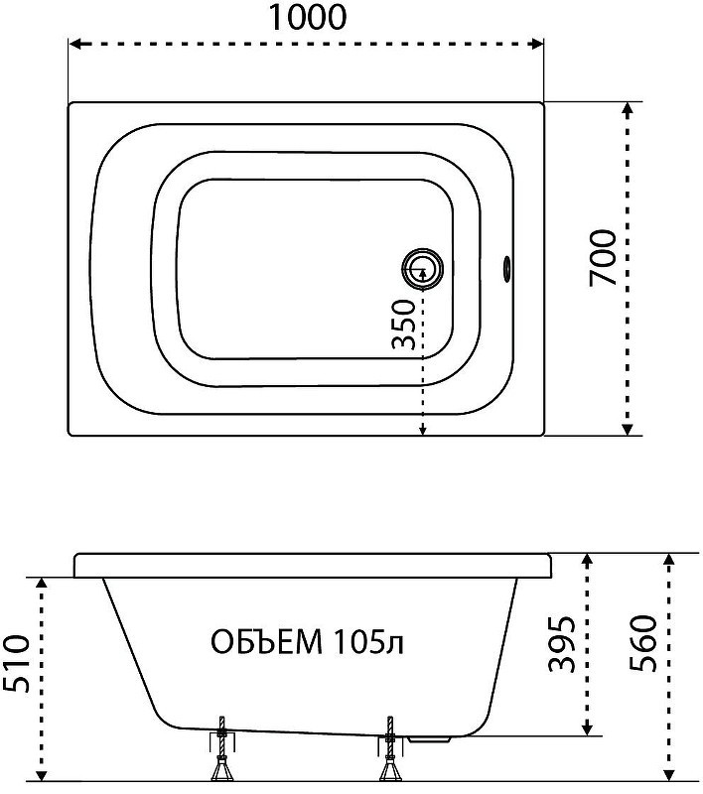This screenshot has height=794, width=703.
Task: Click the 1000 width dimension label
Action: click(x=307, y=17)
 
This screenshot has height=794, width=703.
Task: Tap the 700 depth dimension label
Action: click(x=604, y=258)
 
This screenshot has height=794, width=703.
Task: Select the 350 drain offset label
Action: click(x=404, y=325)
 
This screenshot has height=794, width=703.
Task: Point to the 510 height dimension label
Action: click(x=15, y=663)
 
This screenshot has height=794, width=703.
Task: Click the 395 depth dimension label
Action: click(x=562, y=643)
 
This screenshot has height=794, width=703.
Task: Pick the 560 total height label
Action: click(x=643, y=643)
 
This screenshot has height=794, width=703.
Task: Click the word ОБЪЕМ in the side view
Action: click(x=266, y=642)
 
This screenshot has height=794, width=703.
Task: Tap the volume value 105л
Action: click(x=368, y=642)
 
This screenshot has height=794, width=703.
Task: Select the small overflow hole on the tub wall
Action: click(x=506, y=267)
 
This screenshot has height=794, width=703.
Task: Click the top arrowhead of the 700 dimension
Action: click(x=627, y=109)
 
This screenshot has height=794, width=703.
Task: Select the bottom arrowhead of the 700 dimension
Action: click(x=627, y=429)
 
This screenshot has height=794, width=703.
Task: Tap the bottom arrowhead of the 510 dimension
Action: click(x=42, y=774)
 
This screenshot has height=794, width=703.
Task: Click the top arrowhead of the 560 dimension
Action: click(x=668, y=561)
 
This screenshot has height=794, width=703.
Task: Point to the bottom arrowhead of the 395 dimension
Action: click(x=587, y=728)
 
